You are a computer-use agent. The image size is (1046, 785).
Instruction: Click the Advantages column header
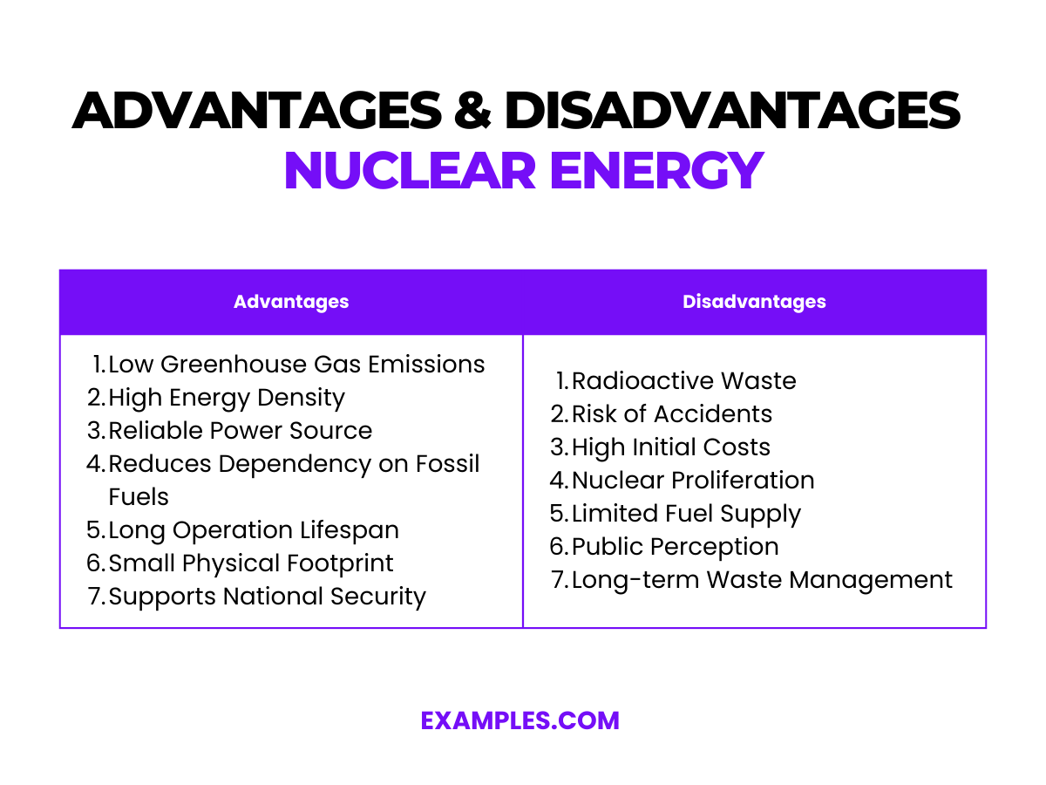(291, 302)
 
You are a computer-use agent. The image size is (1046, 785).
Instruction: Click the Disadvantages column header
(754, 302)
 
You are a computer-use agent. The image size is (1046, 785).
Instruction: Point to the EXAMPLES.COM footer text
(520, 720)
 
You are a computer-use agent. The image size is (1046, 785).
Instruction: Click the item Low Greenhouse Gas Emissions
(296, 364)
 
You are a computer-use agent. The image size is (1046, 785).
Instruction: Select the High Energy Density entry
(227, 398)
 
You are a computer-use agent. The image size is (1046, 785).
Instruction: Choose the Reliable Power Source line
(240, 430)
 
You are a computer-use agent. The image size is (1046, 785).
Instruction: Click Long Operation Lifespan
(254, 530)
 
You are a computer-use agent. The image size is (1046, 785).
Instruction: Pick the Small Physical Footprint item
(251, 563)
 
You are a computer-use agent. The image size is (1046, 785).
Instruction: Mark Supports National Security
(267, 597)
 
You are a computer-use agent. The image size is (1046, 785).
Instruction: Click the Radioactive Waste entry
(683, 381)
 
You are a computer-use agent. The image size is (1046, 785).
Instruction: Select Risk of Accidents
(672, 413)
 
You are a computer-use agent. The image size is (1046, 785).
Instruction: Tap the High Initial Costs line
(671, 447)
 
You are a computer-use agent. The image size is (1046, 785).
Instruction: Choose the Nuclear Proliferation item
(693, 480)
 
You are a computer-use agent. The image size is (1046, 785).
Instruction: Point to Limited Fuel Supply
(686, 514)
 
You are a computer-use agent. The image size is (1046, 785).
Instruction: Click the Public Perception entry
(675, 547)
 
